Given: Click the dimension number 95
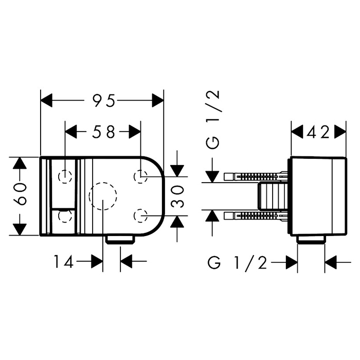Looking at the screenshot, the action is (103, 101).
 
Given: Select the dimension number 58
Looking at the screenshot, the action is (103, 132).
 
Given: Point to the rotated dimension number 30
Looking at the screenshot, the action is (178, 196).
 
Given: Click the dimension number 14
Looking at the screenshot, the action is (64, 261).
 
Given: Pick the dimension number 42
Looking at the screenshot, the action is (318, 133).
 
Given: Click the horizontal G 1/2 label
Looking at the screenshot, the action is (237, 262).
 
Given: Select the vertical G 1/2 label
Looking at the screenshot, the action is (212, 120).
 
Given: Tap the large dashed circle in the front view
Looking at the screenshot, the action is (103, 196).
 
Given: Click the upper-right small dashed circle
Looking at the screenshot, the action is (140, 177).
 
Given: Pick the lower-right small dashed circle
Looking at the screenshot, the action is (140, 216).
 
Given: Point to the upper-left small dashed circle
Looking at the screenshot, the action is (65, 177).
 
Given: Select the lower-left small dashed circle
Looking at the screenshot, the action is (65, 216).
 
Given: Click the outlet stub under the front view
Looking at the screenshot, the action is (120, 239).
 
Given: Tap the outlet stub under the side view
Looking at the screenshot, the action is (311, 239).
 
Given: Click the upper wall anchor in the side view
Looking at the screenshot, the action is (256, 176).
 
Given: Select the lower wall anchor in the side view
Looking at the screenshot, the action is (256, 216).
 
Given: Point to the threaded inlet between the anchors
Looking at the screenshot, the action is (273, 196).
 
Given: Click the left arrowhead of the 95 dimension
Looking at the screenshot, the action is (47, 100).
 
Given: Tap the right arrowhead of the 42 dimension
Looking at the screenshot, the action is (340, 132).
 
